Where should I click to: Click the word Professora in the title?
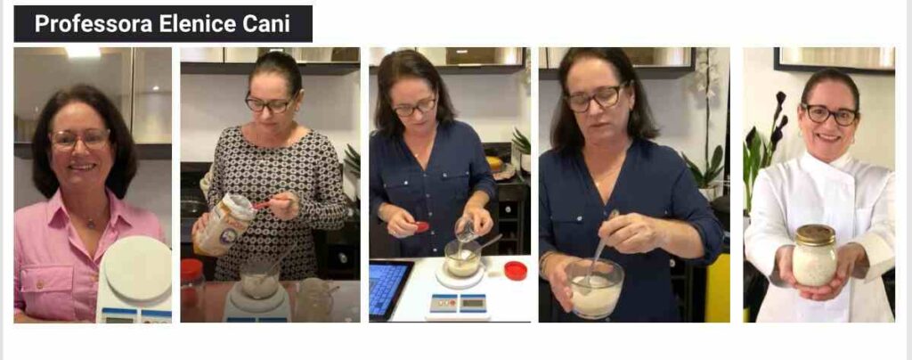[93, 24]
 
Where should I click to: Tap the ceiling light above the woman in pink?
[83, 52]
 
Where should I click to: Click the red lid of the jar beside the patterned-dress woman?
[191, 268]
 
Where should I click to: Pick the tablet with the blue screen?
[389, 289]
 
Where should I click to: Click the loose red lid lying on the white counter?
[515, 270]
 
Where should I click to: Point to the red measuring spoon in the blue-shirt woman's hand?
[421, 227]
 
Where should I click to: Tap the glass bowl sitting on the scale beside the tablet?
[462, 258]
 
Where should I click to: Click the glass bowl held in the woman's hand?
[594, 289]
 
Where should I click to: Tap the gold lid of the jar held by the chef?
[815, 234]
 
